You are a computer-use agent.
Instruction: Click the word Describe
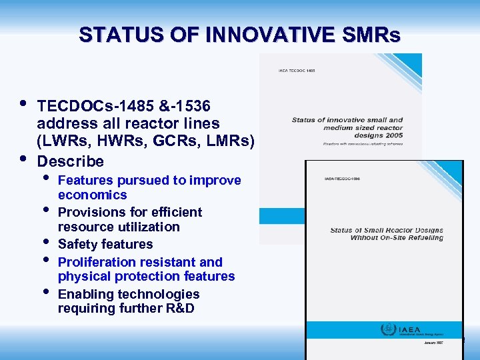point(71,161)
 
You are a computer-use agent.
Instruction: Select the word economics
point(92,195)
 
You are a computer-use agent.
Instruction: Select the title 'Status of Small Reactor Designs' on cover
point(387,231)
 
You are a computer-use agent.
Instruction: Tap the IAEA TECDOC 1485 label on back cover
point(297,70)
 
